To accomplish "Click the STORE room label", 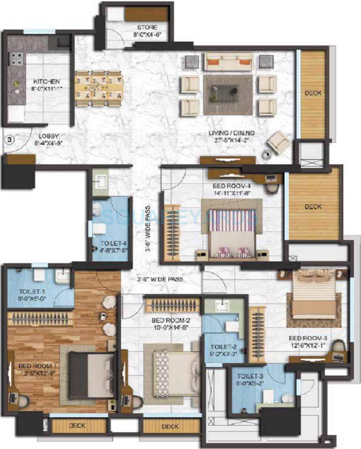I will [147, 27].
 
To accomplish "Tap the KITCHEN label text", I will [46, 82].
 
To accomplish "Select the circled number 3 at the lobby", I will [10, 139].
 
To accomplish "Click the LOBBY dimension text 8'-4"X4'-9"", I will [48, 143].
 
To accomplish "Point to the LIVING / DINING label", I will [232, 133].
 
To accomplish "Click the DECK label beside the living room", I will [313, 93].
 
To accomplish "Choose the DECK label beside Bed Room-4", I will [313, 207].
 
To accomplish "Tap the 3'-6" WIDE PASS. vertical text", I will [147, 228].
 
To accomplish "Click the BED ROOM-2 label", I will [171, 320].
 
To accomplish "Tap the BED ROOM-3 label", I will [306, 338].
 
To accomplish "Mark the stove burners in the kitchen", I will [16, 59].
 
